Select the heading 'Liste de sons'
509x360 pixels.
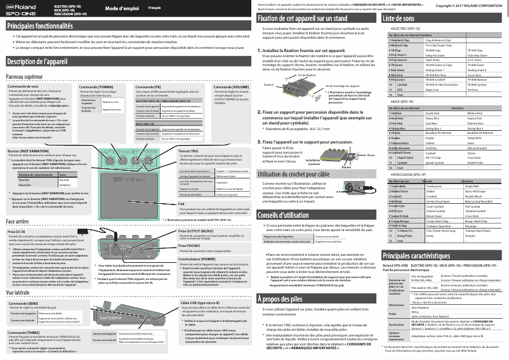405,20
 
